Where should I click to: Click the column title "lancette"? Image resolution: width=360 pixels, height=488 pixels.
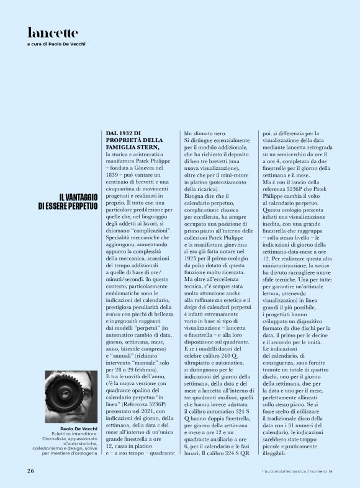coord(53,32)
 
